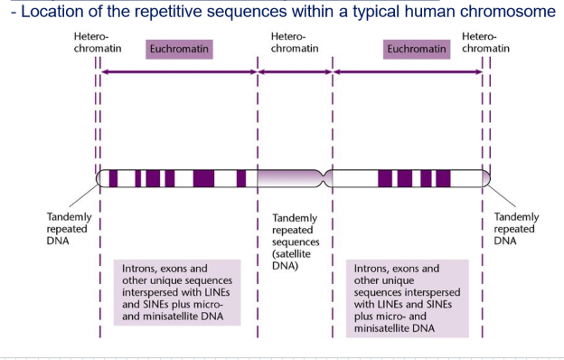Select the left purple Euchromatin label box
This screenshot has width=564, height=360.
[178, 48]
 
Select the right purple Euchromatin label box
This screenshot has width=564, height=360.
[417, 48]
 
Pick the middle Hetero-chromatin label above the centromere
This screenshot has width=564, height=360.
[295, 41]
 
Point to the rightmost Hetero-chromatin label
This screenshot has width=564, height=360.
[485, 41]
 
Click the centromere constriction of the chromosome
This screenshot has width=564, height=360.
[327, 178]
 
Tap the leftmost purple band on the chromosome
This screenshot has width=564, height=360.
[113, 178]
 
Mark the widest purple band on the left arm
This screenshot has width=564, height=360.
[203, 178]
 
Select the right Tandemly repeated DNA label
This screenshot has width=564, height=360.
[516, 230]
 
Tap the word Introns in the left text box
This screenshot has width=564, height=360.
[144, 269]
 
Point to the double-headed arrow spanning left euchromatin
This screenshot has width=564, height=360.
[178, 71]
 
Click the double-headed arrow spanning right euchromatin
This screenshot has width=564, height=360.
[407, 71]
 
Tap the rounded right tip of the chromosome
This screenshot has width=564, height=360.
[486, 178]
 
